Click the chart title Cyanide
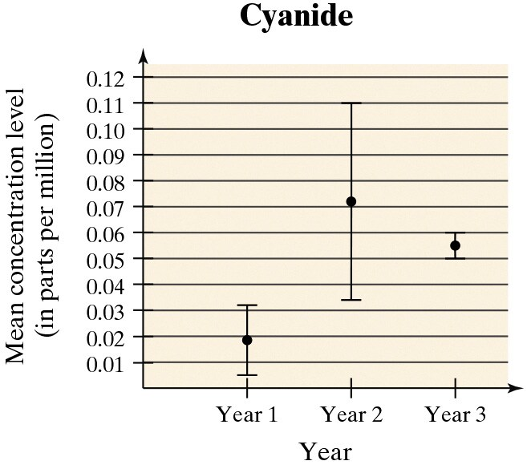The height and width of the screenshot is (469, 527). [296, 18]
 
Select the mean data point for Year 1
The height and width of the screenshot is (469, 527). [247, 340]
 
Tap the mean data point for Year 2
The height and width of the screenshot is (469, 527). [351, 201]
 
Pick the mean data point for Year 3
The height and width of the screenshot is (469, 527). [455, 245]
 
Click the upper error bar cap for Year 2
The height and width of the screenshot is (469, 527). [351, 103]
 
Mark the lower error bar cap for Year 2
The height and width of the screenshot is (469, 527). [351, 300]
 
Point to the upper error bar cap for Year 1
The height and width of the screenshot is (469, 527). [247, 305]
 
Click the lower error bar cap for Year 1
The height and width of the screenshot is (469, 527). [247, 375]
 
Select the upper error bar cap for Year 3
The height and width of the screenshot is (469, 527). [455, 232]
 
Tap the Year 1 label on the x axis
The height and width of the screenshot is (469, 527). [247, 415]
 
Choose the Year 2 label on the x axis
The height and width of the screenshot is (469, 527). [351, 415]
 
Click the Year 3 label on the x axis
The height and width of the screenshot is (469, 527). [455, 415]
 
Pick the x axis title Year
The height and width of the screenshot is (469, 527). [326, 451]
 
